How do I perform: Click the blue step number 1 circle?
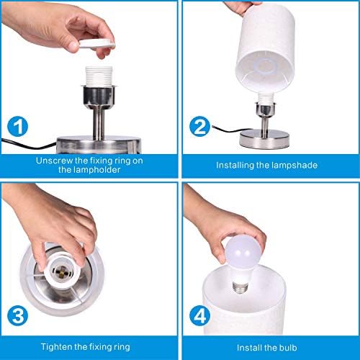[17, 127]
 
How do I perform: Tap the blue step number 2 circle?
[199, 127]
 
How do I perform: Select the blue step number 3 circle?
[17, 315]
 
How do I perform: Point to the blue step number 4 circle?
[199, 315]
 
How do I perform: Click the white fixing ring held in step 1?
[97, 44]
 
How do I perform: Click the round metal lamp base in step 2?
[264, 139]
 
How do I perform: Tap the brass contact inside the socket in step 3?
[61, 272]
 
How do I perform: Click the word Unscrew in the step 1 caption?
[55, 161]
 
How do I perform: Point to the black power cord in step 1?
[29, 143]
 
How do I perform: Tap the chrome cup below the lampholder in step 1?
[99, 98]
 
